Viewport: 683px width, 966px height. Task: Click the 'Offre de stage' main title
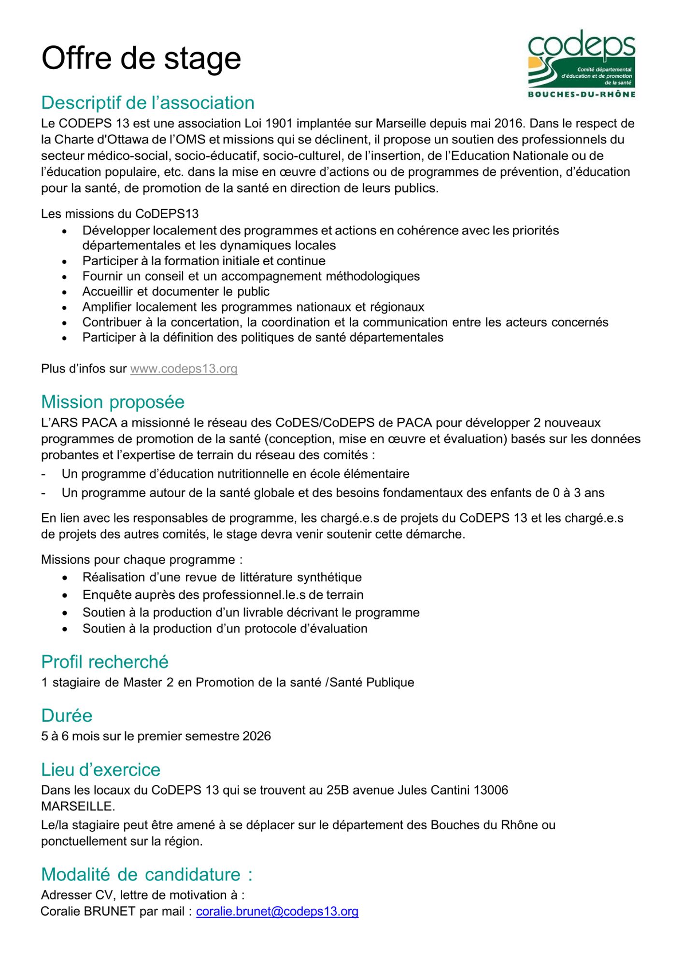tap(141, 58)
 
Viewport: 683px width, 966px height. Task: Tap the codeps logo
tap(582, 64)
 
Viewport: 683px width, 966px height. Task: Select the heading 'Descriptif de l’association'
tap(148, 103)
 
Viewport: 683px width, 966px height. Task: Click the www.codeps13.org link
tap(184, 369)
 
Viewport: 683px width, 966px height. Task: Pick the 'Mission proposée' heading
tap(113, 402)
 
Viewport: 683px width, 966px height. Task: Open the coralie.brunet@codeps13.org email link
tap(277, 911)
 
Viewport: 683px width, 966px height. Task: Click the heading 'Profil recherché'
tap(105, 662)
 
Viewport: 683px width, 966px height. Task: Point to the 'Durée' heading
tap(67, 715)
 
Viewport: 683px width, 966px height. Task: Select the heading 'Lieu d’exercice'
tap(100, 769)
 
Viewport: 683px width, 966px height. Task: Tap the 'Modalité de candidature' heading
tap(147, 874)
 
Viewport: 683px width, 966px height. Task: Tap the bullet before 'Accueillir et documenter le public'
tap(65, 292)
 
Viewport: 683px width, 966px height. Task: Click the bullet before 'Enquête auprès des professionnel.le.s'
tap(65, 596)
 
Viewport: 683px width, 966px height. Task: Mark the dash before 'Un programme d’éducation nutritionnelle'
tap(43, 474)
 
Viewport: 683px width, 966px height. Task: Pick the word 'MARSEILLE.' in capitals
tap(78, 806)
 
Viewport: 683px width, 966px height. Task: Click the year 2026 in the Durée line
tap(256, 736)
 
